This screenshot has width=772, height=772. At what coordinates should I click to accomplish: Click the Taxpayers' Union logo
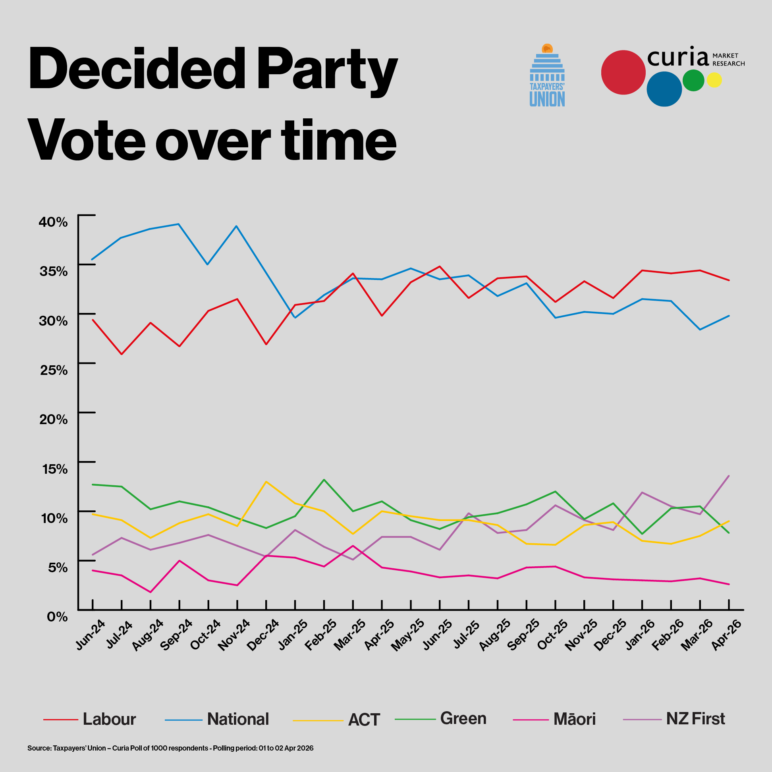tap(547, 76)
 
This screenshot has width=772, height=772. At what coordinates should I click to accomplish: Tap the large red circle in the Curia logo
tap(623, 72)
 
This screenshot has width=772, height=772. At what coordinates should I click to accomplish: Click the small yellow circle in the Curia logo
tap(714, 80)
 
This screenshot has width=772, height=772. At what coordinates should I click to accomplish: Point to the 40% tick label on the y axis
tap(54, 222)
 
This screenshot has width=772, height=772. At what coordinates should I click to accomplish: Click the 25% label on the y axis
tap(54, 370)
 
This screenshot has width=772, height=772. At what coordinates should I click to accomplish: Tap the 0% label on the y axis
tap(57, 617)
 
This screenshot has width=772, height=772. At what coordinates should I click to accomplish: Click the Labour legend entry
tap(109, 719)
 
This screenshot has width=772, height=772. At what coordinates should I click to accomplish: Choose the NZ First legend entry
tap(695, 719)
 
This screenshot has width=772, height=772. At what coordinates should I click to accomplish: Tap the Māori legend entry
tap(574, 719)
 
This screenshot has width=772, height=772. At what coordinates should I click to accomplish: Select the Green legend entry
tap(463, 718)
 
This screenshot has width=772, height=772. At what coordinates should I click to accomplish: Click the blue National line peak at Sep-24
tap(179, 224)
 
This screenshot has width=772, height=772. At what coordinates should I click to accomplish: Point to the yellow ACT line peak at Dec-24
tap(266, 481)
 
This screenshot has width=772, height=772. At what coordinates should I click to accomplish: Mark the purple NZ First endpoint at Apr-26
tap(729, 475)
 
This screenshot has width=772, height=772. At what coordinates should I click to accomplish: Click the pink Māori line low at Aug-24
tap(150, 592)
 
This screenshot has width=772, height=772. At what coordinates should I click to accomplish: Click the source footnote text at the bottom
tap(170, 748)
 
